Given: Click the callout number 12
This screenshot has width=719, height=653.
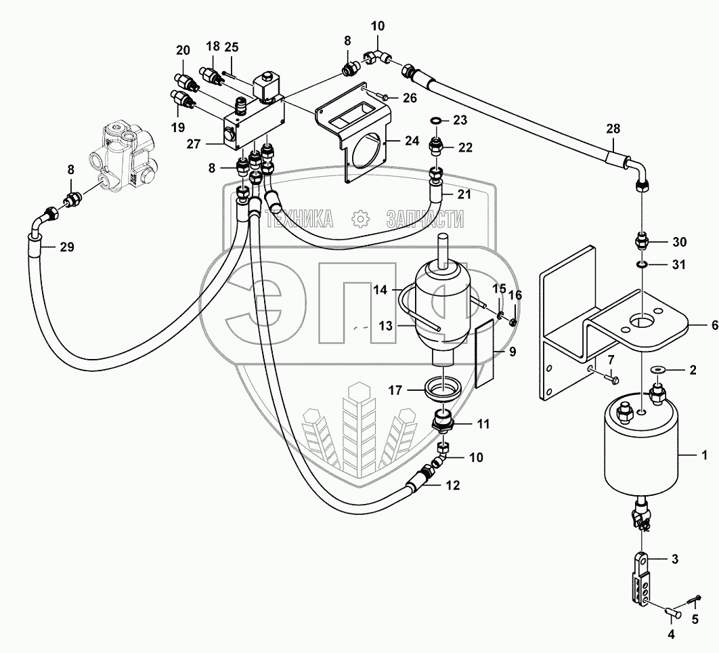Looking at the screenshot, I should click(452, 484).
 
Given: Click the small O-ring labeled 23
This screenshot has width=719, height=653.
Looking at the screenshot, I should click(438, 122).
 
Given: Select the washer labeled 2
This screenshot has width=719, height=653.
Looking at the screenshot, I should click(657, 369).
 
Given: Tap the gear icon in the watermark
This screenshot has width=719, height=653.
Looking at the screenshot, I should click(359, 218).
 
